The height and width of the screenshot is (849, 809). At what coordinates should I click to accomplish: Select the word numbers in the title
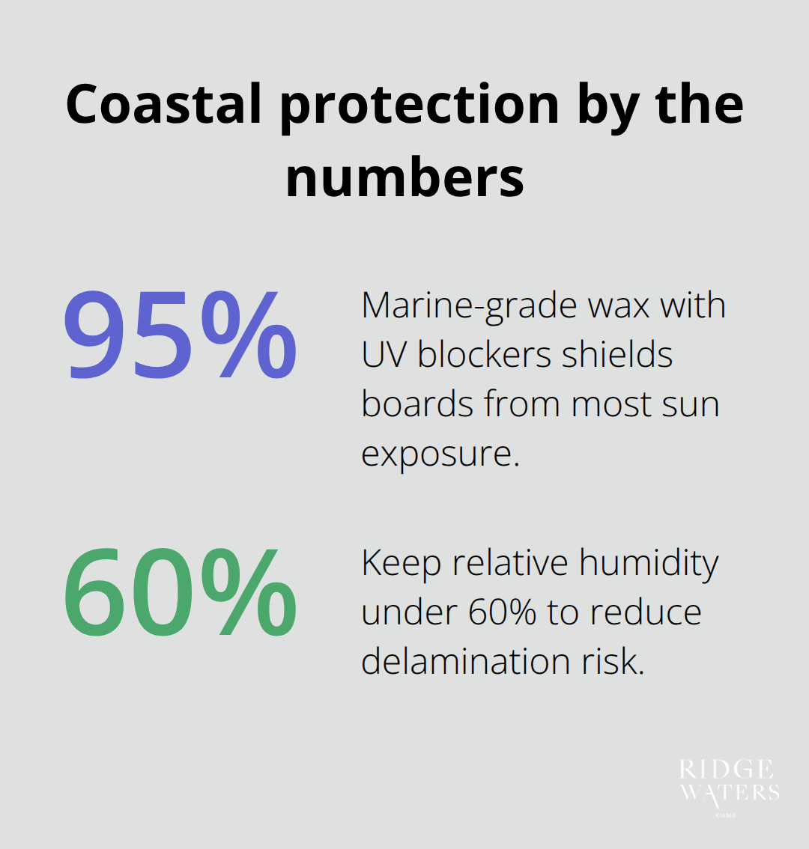point(404,177)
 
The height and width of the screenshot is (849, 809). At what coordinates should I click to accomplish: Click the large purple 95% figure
point(180,336)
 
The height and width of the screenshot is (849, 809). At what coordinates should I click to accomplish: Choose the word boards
point(416,404)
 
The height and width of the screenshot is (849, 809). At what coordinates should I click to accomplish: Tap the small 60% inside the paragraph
point(502,613)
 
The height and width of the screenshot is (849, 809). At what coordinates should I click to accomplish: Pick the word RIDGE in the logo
point(727,770)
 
